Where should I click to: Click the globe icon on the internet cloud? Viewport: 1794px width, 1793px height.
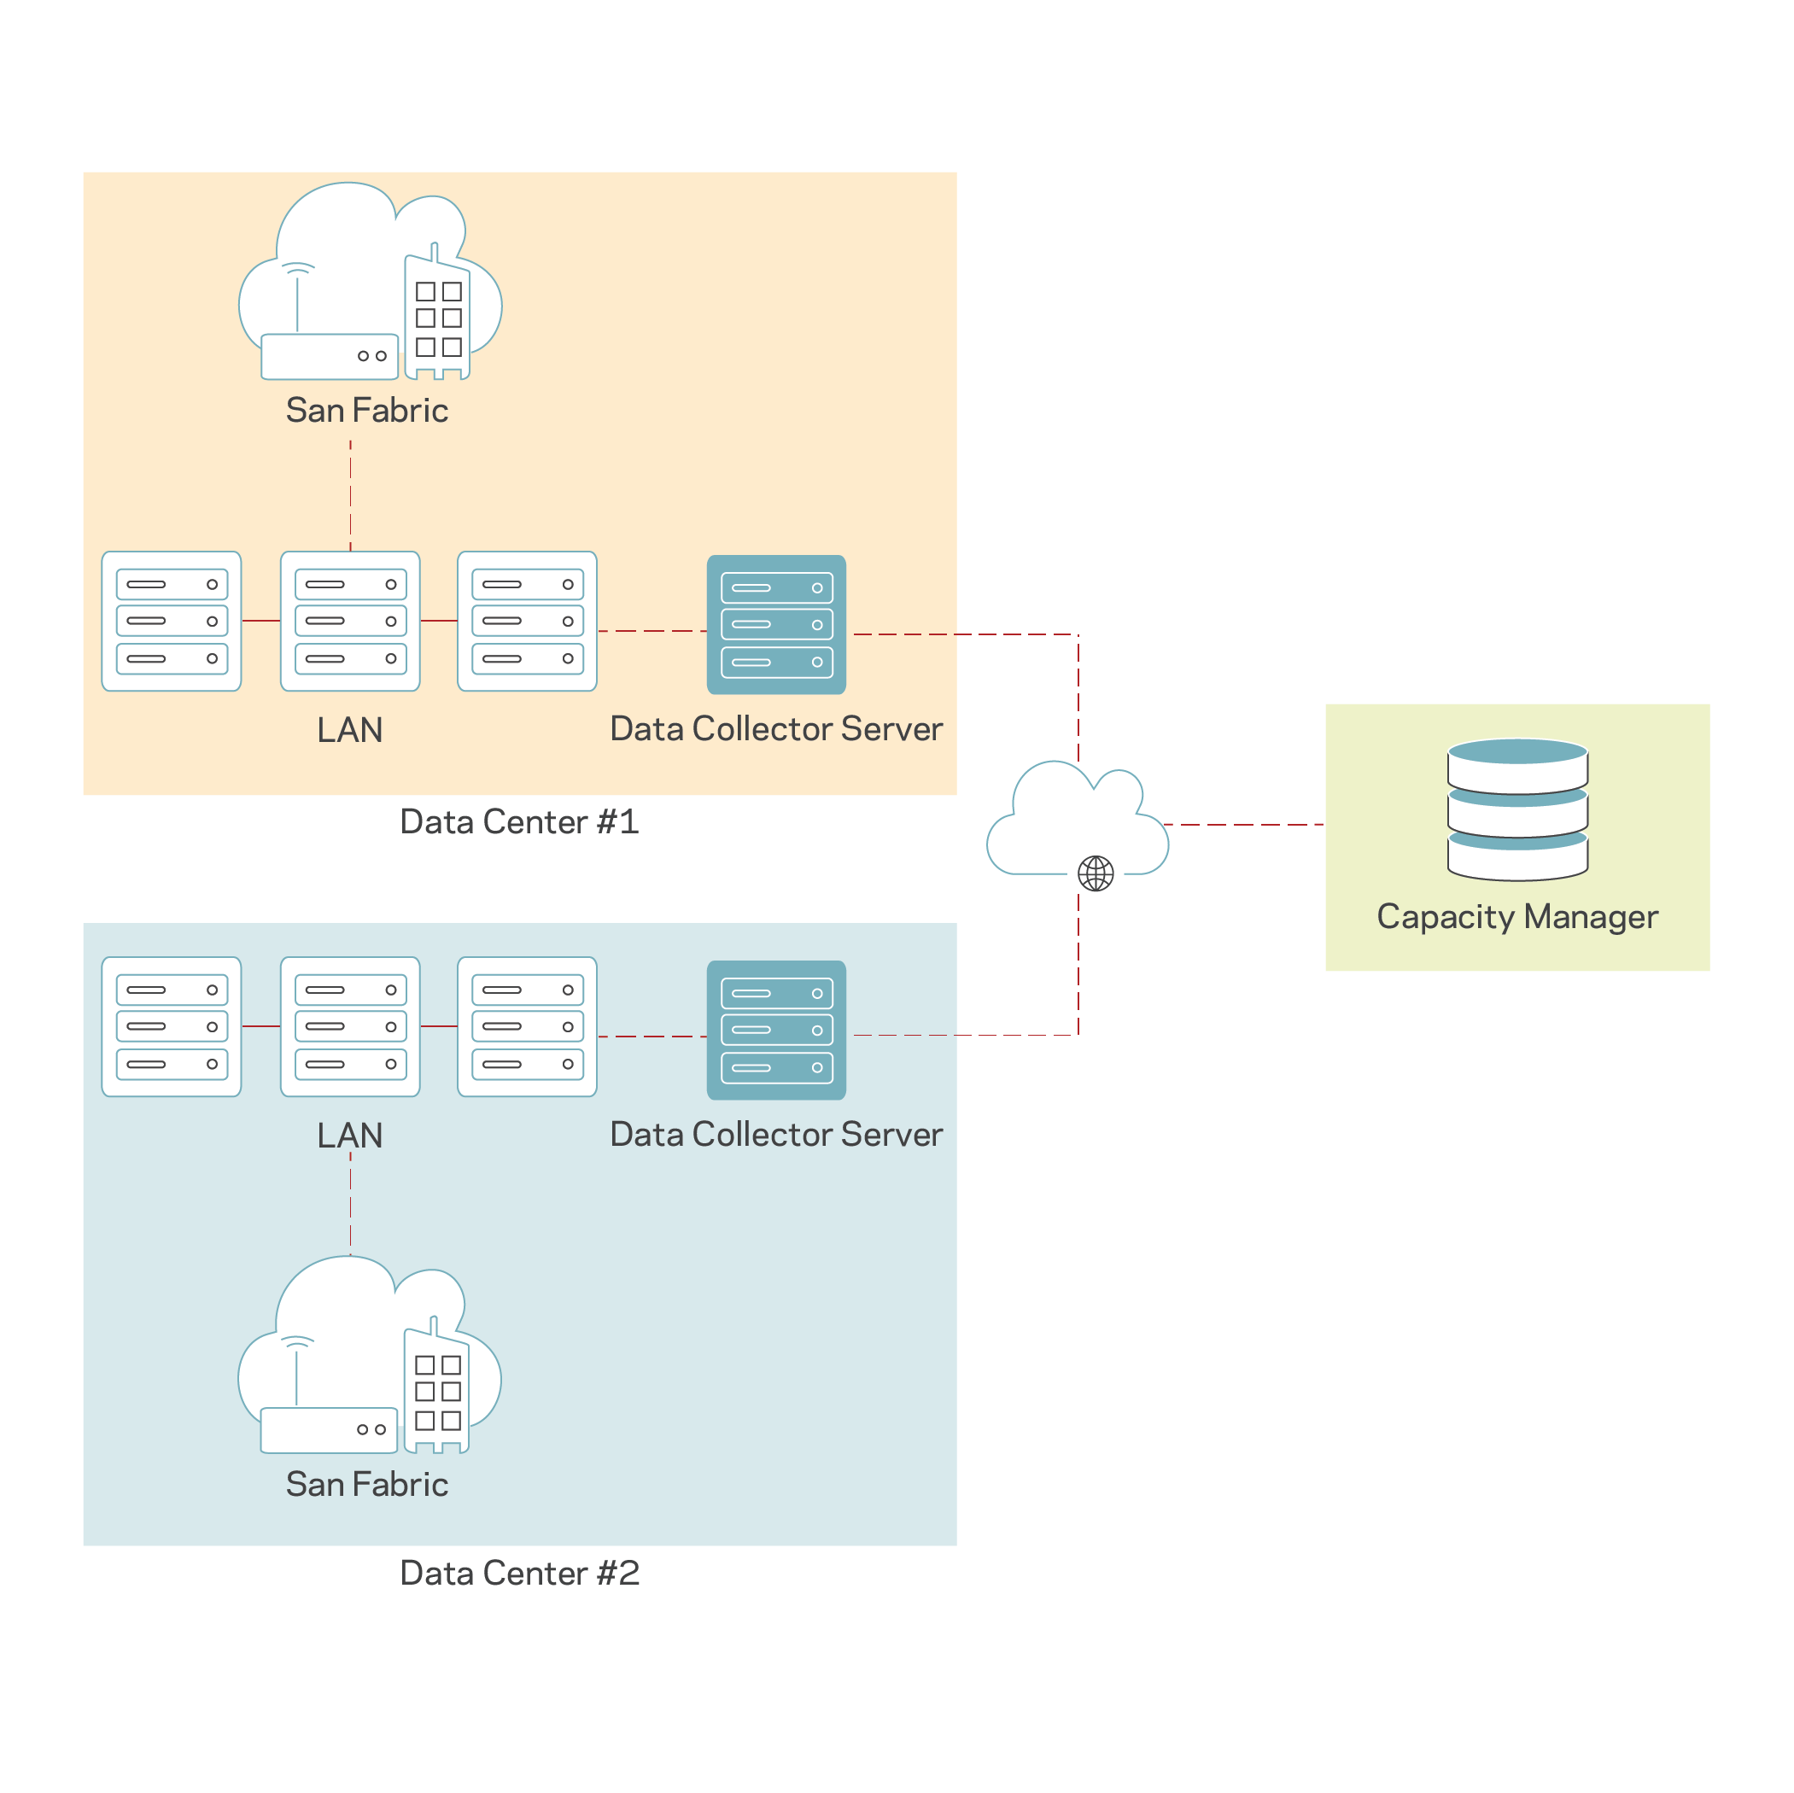click(x=1095, y=873)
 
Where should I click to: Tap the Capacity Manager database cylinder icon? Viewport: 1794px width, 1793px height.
click(x=1516, y=809)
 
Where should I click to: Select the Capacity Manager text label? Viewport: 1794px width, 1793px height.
click(x=1516, y=916)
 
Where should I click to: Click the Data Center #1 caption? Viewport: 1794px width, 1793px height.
click(x=519, y=821)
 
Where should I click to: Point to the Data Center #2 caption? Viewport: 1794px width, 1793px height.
click(x=519, y=1573)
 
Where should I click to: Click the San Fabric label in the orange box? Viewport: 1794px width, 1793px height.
click(x=367, y=411)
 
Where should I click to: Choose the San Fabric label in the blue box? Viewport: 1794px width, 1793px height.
click(x=367, y=1484)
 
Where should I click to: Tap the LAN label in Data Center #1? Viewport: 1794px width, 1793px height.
click(x=350, y=730)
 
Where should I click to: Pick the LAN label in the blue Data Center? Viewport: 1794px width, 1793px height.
click(x=350, y=1135)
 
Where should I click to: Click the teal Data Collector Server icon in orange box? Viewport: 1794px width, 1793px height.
click(x=776, y=624)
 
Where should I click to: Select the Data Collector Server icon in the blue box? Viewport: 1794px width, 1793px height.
click(x=776, y=1030)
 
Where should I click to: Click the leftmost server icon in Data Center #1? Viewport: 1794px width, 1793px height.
click(x=172, y=622)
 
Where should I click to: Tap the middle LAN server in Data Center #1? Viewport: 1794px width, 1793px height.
click(x=350, y=622)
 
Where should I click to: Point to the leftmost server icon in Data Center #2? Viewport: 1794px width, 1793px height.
click(x=172, y=1026)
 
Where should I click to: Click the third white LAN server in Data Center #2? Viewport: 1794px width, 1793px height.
click(x=528, y=1026)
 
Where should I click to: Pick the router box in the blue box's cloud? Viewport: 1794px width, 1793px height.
click(x=329, y=1429)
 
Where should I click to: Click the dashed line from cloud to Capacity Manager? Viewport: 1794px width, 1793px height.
click(x=1244, y=824)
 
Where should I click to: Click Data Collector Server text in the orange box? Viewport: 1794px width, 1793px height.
click(x=776, y=729)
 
